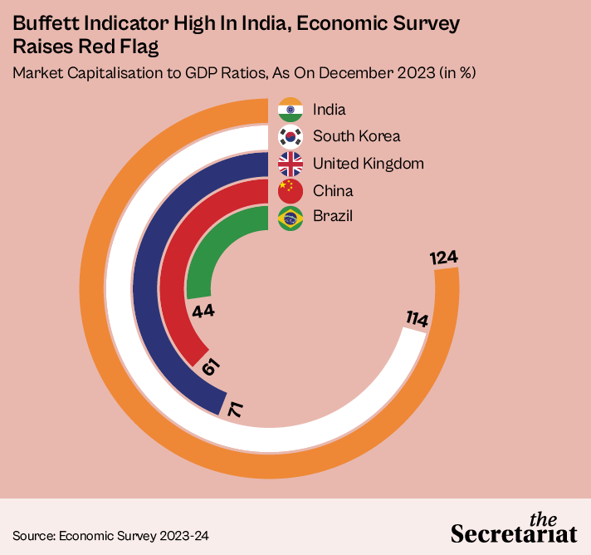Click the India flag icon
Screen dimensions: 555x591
[291, 110]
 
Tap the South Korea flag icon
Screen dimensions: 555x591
[291, 136]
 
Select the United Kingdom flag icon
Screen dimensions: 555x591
[291, 164]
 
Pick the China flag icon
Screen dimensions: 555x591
[291, 190]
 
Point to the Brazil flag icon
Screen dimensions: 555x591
[291, 218]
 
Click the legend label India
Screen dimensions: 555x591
[330, 110]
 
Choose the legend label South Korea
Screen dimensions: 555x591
[356, 136]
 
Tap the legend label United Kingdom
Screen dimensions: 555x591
[369, 164]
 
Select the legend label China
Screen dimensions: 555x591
[333, 190]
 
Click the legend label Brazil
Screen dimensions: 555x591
[333, 218]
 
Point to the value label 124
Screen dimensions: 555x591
[444, 258]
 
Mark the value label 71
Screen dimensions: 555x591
[237, 409]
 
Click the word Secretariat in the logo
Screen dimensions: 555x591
[514, 532]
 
